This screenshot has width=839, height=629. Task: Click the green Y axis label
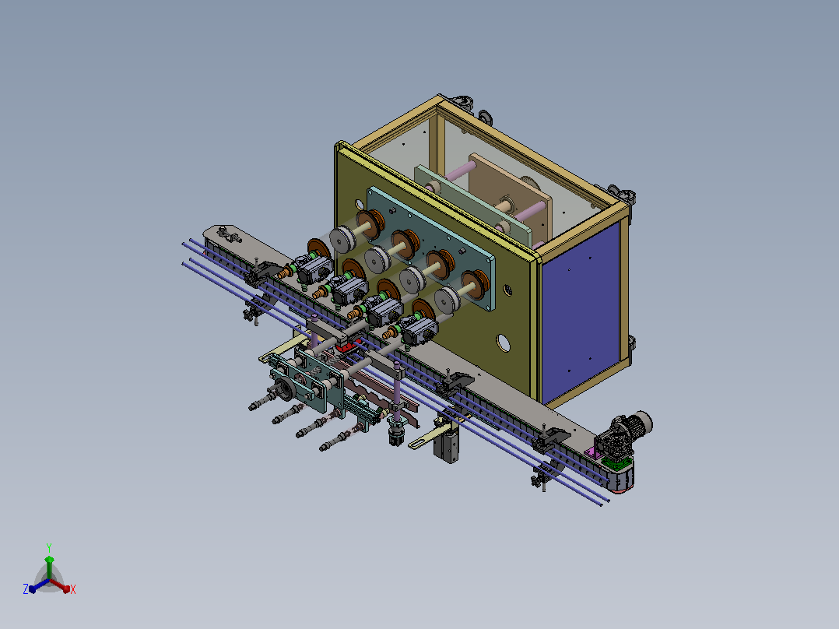(49, 547)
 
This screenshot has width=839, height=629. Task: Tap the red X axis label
(73, 589)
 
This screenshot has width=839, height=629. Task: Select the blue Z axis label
(26, 589)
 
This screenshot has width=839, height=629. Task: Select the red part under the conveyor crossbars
(348, 347)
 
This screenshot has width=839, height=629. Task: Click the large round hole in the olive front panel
(503, 343)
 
